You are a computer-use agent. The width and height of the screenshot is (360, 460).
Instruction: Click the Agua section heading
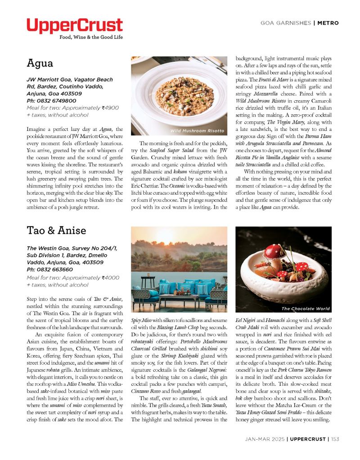[40, 63]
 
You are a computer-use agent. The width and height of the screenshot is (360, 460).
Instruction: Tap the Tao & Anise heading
[56, 231]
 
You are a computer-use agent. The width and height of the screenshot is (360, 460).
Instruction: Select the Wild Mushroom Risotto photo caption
[197, 131]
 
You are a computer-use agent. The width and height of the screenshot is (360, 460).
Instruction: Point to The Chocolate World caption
[306, 308]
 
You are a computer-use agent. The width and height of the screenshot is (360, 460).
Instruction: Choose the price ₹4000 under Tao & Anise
[110, 277]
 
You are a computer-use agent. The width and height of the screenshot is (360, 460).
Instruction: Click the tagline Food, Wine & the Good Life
[91, 37]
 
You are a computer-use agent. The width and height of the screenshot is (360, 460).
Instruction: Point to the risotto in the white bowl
[184, 93]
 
